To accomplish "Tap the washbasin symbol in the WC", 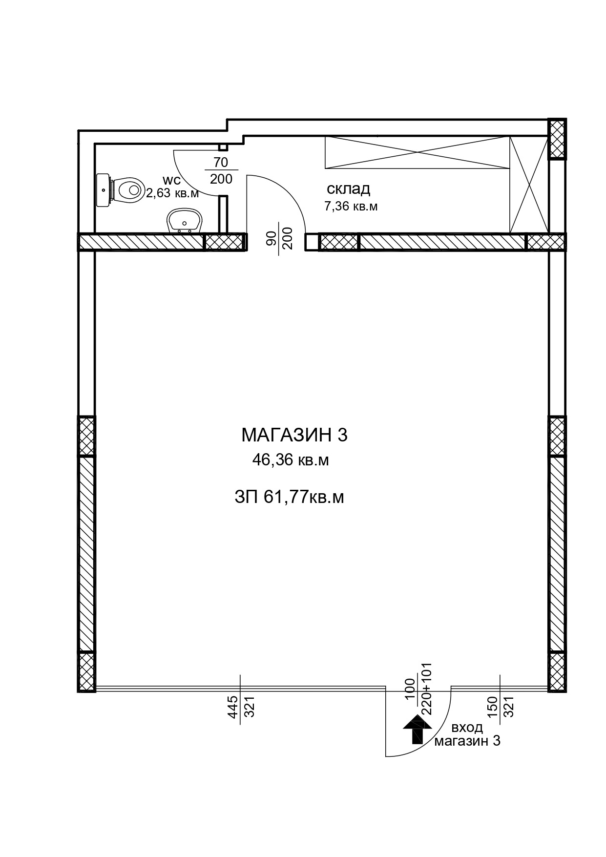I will (x=184, y=221).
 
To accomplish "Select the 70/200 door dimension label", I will (x=221, y=170).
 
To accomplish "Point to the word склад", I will (x=348, y=188).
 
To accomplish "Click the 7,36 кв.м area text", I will (x=351, y=206).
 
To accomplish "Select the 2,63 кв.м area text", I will (x=172, y=193).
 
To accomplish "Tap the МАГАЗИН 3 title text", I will (x=294, y=435).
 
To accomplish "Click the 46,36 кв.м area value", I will (x=290, y=460).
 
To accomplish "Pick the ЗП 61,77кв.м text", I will (x=289, y=497).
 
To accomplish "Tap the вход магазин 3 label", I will (x=467, y=734).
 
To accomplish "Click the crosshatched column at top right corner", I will (x=557, y=139).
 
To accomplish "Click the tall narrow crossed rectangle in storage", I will (x=529, y=185).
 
